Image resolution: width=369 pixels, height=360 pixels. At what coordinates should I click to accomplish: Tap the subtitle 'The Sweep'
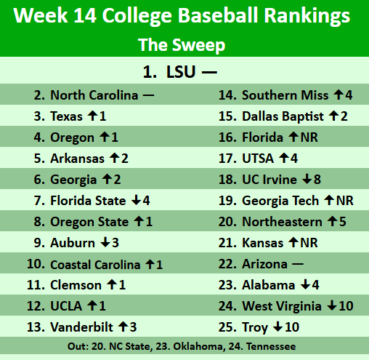coord(182,45)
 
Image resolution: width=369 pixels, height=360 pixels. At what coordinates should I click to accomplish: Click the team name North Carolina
coord(94,95)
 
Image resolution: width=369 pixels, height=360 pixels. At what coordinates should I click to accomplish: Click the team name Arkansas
coord(76,159)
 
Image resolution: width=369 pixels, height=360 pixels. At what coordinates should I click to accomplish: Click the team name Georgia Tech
coord(280,201)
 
